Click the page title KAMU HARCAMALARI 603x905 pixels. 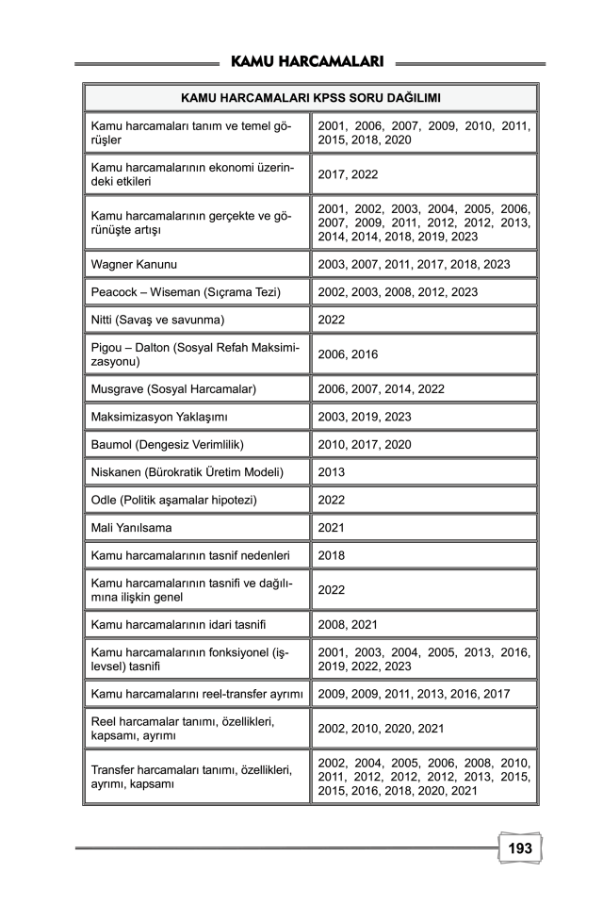coord(306,62)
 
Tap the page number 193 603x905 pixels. coord(520,848)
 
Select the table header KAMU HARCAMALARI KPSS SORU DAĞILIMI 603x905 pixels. coord(311,97)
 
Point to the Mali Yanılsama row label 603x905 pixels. coord(128,528)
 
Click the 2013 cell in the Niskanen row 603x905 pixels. coord(332,471)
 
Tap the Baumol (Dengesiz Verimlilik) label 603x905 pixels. coord(171,444)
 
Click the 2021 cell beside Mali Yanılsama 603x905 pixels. coord(332,528)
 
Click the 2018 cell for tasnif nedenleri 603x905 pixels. coord(332,555)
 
